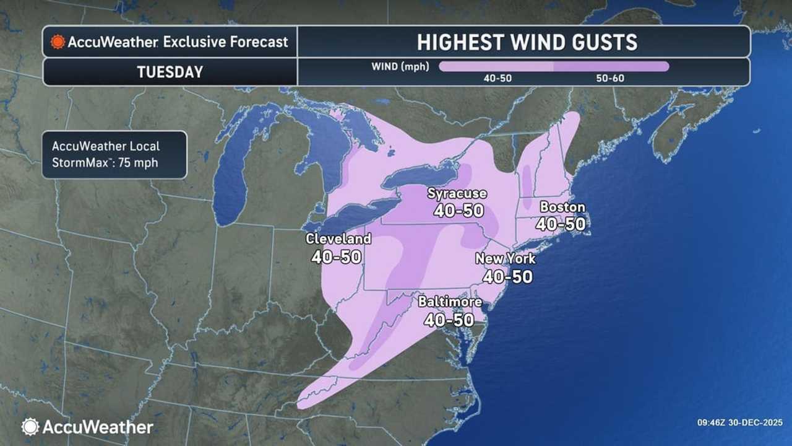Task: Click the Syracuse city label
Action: pos(457,194)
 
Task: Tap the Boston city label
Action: pos(562,207)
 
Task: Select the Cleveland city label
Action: pos(338,238)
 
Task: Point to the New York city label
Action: pos(506,259)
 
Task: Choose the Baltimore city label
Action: pos(450,302)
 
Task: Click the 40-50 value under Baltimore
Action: pos(449,320)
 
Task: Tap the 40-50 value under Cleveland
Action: pos(337,256)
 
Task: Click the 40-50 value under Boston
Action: pos(561,224)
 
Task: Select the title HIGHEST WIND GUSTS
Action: pos(527,42)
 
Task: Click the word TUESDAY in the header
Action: pos(170,72)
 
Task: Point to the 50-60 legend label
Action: pos(611,79)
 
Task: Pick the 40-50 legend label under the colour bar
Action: pos(497,79)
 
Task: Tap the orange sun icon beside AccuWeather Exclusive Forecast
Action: pos(58,42)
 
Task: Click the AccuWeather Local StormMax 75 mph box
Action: pos(114,155)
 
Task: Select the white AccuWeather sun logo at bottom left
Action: pos(30,427)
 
